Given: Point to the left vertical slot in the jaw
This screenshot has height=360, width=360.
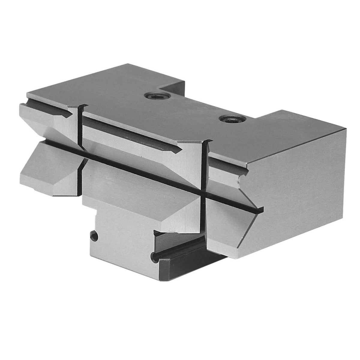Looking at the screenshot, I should [x=79, y=126].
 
